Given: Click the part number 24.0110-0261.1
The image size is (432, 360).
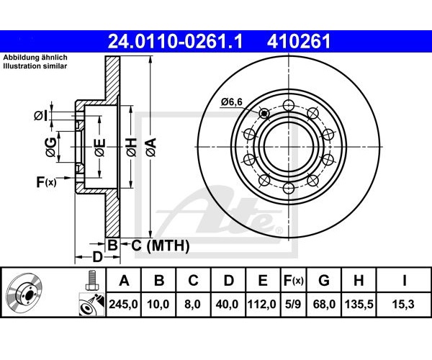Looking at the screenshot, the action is pyautogui.click(x=175, y=42).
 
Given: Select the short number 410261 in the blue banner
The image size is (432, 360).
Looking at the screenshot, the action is pyautogui.click(x=298, y=42).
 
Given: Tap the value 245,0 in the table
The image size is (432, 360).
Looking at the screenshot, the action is pyautogui.click(x=123, y=305).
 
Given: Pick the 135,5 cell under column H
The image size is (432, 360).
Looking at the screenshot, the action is pyautogui.click(x=359, y=305).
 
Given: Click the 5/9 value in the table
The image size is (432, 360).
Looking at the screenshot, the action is pyautogui.click(x=293, y=305).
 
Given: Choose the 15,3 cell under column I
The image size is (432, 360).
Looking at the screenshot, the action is pyautogui.click(x=404, y=305).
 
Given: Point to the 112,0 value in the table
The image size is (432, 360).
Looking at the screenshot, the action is pyautogui.click(x=262, y=305).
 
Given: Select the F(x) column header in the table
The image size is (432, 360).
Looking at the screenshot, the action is pyautogui.click(x=293, y=281).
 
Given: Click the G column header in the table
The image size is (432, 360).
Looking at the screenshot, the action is pyautogui.click(x=324, y=281).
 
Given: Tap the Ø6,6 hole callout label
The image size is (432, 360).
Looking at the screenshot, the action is pyautogui.click(x=231, y=102).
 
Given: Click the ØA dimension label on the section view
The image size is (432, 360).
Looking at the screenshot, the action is pyautogui.click(x=151, y=147).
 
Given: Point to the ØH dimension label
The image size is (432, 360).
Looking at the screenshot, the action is pyautogui.click(x=132, y=147).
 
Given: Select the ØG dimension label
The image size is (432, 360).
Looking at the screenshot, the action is pyautogui.click(x=51, y=148).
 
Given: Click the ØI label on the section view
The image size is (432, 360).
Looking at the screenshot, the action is pyautogui.click(x=41, y=116).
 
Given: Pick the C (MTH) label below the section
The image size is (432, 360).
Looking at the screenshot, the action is pyautogui.click(x=161, y=246).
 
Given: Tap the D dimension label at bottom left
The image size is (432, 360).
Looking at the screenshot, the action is pyautogui.click(x=97, y=257).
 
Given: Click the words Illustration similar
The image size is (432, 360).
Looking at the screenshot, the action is pyautogui.click(x=35, y=66).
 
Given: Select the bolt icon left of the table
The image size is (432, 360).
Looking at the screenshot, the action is pyautogui.click(x=91, y=279).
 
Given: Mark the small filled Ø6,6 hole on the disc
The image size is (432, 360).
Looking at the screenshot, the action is pyautogui.click(x=264, y=113).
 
